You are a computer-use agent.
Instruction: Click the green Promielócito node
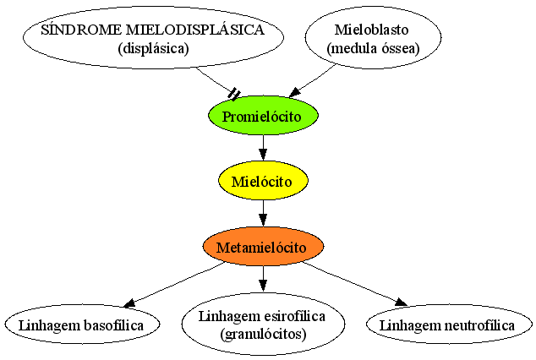(263, 116)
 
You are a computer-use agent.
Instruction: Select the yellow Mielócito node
(263, 181)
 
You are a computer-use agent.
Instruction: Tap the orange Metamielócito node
(263, 246)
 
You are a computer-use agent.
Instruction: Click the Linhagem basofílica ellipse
(82, 325)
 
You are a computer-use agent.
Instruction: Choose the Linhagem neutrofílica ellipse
(448, 325)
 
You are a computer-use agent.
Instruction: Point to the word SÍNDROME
(80, 30)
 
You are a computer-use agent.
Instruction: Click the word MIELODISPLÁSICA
(195, 30)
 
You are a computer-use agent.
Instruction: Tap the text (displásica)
(154, 48)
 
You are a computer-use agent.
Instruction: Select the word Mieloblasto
(372, 30)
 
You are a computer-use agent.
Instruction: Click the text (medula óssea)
(373, 48)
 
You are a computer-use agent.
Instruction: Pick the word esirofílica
(291, 316)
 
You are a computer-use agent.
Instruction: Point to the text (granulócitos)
(263, 334)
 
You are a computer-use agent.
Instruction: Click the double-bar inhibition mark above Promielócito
(234, 94)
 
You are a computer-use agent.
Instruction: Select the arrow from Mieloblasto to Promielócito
(312, 81)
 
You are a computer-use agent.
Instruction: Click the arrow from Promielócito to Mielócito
(263, 148)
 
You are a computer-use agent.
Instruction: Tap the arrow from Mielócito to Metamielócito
(263, 213)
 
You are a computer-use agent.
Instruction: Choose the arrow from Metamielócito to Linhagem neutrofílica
(355, 284)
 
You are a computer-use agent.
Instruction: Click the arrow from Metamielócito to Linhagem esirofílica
(263, 278)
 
